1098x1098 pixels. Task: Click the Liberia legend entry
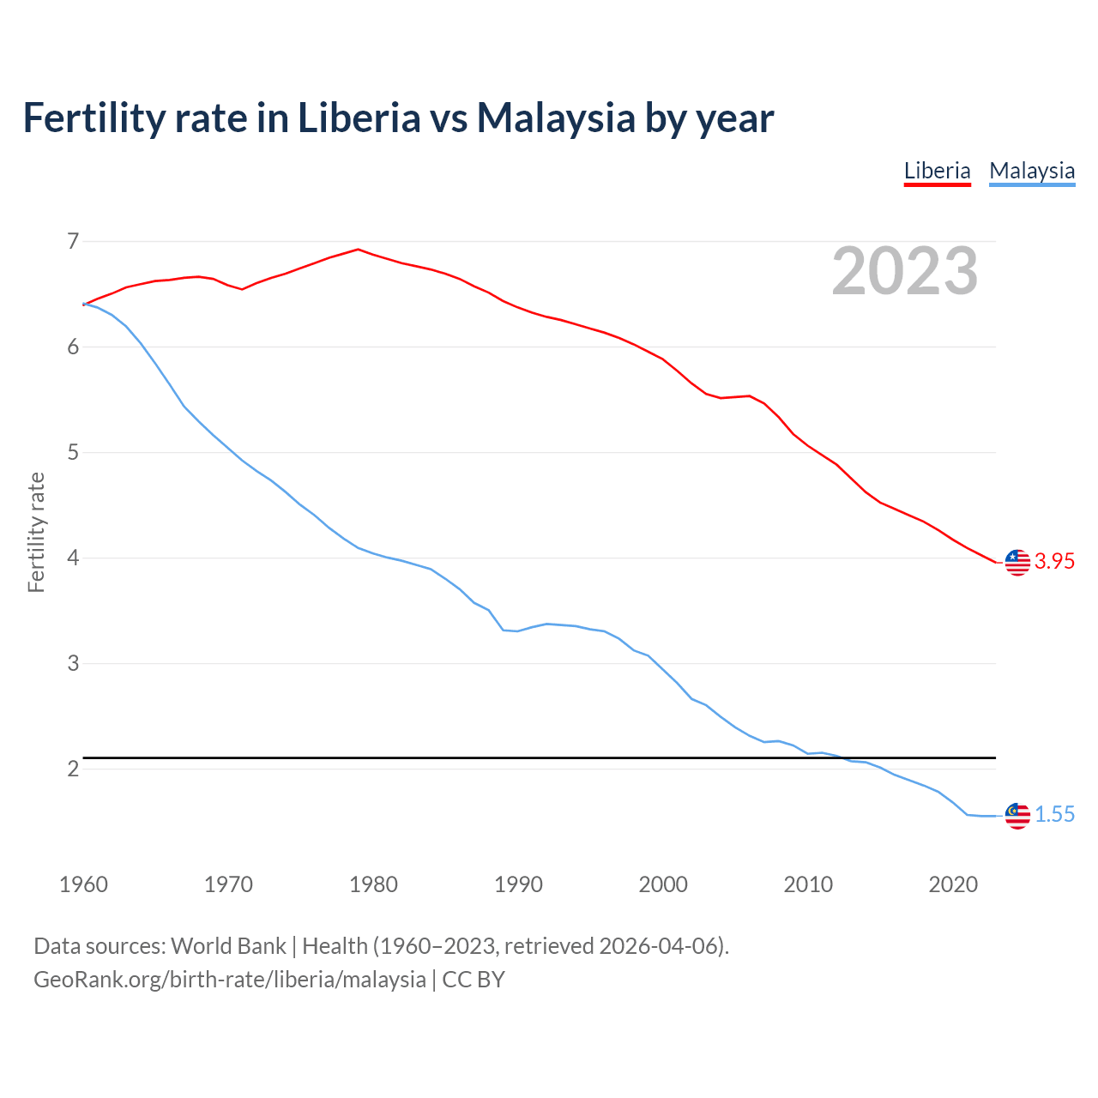(x=937, y=171)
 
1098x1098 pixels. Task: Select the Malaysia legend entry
(x=1032, y=171)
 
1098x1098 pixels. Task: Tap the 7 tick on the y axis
(x=73, y=241)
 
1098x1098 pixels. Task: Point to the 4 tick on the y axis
(x=73, y=558)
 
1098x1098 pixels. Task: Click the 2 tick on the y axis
(x=73, y=769)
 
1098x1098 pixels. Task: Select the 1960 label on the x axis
(x=83, y=884)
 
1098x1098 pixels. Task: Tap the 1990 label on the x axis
(x=518, y=884)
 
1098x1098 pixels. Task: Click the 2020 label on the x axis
(x=953, y=884)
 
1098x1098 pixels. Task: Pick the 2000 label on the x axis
(x=663, y=884)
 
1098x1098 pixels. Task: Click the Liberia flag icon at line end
(x=1017, y=562)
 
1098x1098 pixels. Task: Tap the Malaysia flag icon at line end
(x=1017, y=816)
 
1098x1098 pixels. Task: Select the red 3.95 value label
(x=1054, y=562)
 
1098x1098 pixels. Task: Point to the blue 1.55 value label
(x=1054, y=815)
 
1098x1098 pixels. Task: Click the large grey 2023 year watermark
(x=904, y=271)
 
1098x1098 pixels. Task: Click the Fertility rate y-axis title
(x=36, y=532)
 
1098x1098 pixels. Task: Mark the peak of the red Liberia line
(x=359, y=250)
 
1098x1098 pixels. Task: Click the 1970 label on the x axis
(x=228, y=884)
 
